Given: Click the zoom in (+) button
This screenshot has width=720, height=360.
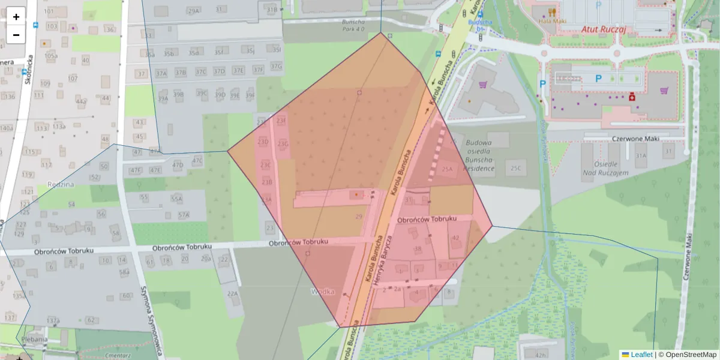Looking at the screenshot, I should click(16, 17).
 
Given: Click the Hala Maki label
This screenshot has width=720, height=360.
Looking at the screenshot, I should click(548, 20).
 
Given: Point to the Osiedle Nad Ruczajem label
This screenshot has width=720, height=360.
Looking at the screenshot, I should click(604, 168).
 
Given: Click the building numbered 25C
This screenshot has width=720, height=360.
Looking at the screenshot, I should click(516, 168).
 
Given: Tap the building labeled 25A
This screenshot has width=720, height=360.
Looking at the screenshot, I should click(446, 169).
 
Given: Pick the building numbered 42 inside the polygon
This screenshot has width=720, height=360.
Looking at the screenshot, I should click(455, 238).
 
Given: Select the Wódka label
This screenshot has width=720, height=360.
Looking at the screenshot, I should click(322, 292).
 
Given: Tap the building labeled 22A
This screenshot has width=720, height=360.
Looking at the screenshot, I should click(233, 293).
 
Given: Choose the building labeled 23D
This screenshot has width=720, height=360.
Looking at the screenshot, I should click(263, 142).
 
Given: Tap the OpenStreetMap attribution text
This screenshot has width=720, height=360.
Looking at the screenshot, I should click(689, 355).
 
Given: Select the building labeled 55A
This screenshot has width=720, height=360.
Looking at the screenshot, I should click(176, 199).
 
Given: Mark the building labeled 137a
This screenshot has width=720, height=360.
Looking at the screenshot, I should click(53, 320).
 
